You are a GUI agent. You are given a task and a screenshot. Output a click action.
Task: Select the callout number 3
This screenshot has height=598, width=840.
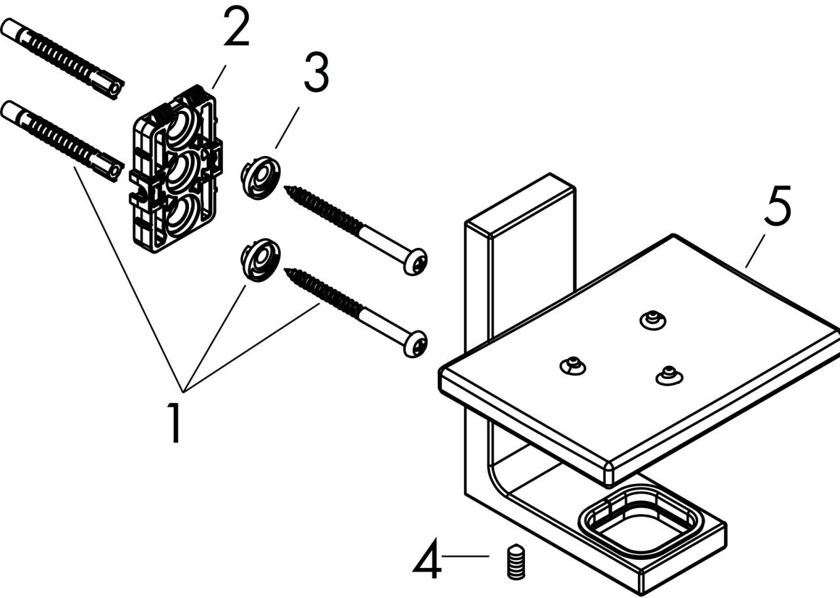(316, 72)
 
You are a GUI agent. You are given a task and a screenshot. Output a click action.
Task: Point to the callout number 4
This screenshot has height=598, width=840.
(427, 559)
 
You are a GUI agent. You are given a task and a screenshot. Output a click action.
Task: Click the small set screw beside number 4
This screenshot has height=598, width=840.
(516, 561)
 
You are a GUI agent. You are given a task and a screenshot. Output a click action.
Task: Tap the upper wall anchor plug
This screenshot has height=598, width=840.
(62, 59)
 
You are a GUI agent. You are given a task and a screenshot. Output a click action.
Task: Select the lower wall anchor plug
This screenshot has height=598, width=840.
(62, 141)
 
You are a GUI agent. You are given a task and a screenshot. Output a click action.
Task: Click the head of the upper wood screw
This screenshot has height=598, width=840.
(415, 262)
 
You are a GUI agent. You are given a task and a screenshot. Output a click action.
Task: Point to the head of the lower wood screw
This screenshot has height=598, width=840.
(415, 344)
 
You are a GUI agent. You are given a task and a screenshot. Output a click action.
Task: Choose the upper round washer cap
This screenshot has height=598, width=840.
(261, 178)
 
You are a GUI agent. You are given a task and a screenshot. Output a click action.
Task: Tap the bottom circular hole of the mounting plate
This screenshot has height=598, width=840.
(181, 214)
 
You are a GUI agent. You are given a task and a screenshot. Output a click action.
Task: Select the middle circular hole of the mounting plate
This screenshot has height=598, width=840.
(181, 171)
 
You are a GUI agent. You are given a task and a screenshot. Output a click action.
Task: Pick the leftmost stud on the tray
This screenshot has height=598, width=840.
(573, 365)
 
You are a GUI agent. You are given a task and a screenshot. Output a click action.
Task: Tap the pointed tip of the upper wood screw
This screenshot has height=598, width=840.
(285, 188)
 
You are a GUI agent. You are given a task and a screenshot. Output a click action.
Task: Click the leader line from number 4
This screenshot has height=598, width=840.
(465, 557)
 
